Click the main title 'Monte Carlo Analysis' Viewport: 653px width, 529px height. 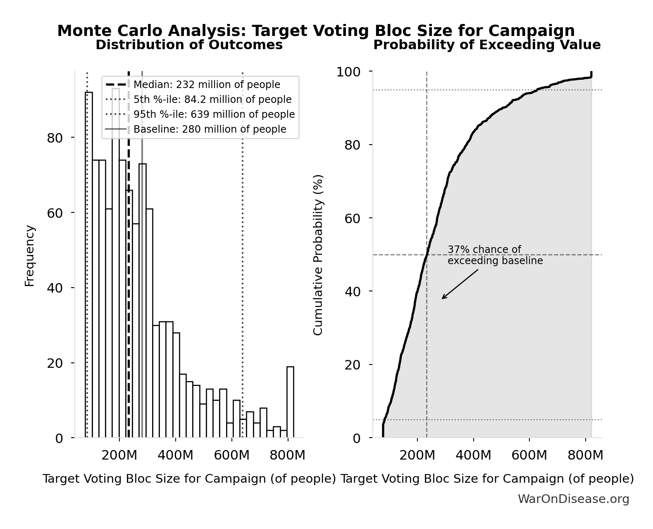pyautogui.click(x=316, y=31)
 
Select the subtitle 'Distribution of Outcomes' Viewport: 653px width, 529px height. pyautogui.click(x=189, y=45)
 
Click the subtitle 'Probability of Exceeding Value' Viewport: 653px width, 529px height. pyautogui.click(x=486, y=45)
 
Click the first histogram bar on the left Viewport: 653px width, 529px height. pyautogui.click(x=89, y=264)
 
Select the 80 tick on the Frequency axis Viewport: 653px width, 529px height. pyautogui.click(x=55, y=138)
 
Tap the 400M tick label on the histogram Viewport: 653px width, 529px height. pyautogui.click(x=175, y=455)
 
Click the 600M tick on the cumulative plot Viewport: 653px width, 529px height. pyautogui.click(x=529, y=455)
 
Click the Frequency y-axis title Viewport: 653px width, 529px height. pyautogui.click(x=30, y=255)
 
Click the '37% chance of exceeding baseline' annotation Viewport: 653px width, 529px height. pyautogui.click(x=495, y=255)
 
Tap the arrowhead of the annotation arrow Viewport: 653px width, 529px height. pyautogui.click(x=443, y=298)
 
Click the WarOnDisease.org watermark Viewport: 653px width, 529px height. pyautogui.click(x=573, y=499)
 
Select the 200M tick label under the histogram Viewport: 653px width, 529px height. pyautogui.click(x=119, y=455)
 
